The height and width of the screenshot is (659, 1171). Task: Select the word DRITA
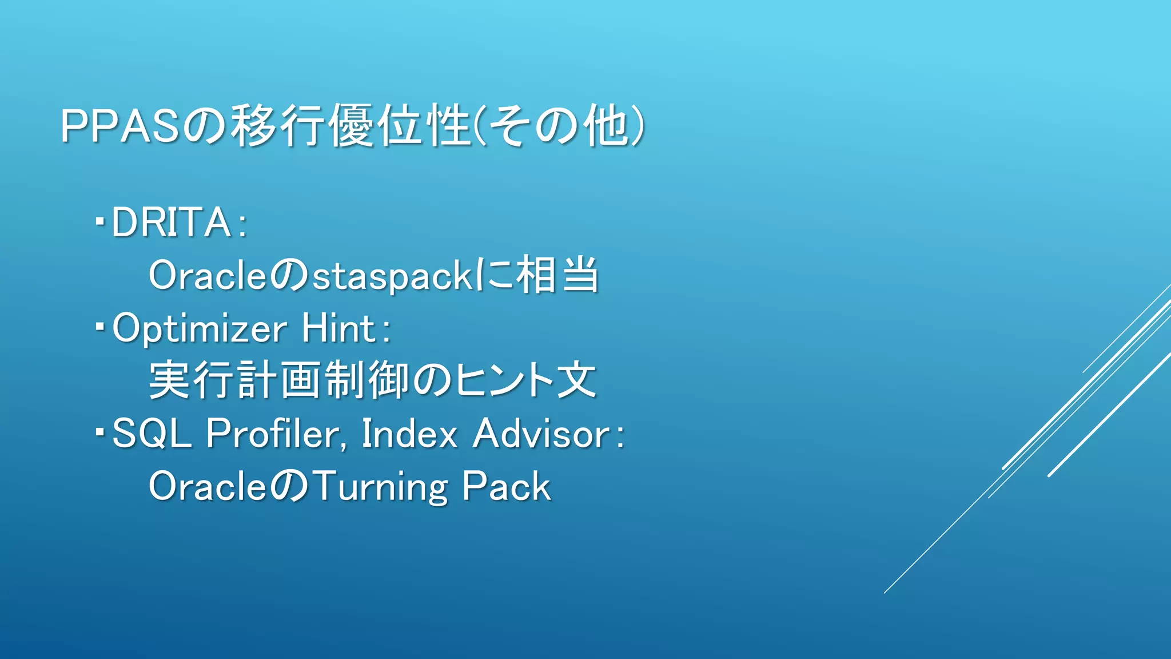[171, 223]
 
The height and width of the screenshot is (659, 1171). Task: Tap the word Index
[409, 434]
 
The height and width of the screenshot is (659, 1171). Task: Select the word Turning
[380, 487]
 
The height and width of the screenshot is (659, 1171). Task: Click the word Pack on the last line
[506, 487]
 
